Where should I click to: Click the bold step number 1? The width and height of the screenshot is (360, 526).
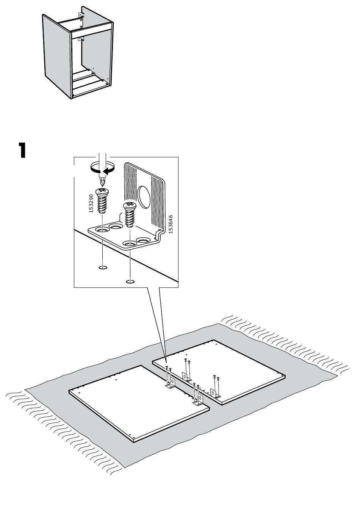(22, 150)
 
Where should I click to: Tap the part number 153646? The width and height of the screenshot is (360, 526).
(171, 224)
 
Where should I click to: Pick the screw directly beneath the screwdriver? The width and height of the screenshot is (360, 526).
(102, 201)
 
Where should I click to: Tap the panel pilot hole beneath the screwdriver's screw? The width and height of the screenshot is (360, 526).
(103, 267)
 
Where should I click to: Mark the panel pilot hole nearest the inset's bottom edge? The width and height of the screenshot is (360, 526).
(130, 281)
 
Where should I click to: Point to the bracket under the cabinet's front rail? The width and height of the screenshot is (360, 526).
(80, 39)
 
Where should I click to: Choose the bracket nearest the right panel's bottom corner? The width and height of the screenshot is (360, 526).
(215, 393)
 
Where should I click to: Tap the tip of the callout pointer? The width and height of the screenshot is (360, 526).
(166, 364)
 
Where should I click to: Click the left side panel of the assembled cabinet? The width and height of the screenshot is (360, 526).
(57, 57)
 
